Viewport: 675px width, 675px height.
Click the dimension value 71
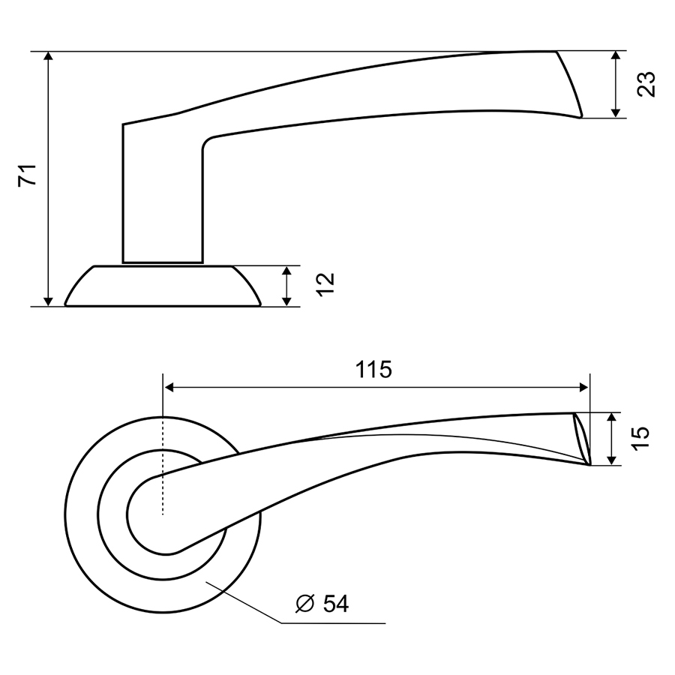pyautogui.click(x=27, y=175)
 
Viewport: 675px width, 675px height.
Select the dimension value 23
pyautogui.click(x=646, y=84)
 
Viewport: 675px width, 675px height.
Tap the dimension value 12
pyautogui.click(x=325, y=284)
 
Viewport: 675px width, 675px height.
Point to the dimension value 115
pyautogui.click(x=373, y=370)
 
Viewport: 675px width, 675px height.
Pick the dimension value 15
pyautogui.click(x=640, y=439)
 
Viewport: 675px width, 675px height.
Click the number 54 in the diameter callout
pyautogui.click(x=336, y=604)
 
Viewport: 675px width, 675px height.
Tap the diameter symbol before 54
pyautogui.click(x=305, y=604)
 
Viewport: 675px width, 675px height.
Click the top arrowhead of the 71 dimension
pyautogui.click(x=49, y=57)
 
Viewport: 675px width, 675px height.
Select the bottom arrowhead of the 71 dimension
pyautogui.click(x=49, y=301)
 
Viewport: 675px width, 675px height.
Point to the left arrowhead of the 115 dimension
pyautogui.click(x=169, y=388)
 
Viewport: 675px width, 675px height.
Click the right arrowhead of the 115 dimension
pyautogui.click(x=583, y=388)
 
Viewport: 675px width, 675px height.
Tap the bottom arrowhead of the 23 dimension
pyautogui.click(x=616, y=112)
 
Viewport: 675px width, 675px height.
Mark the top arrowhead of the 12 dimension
pyautogui.click(x=287, y=272)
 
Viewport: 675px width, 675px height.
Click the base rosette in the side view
pyautogui.click(x=163, y=286)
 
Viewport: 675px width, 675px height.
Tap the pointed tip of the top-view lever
pyautogui.click(x=589, y=464)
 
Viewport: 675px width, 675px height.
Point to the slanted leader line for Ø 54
pyautogui.click(x=244, y=602)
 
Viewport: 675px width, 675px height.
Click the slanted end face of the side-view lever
pyautogui.click(x=569, y=83)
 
